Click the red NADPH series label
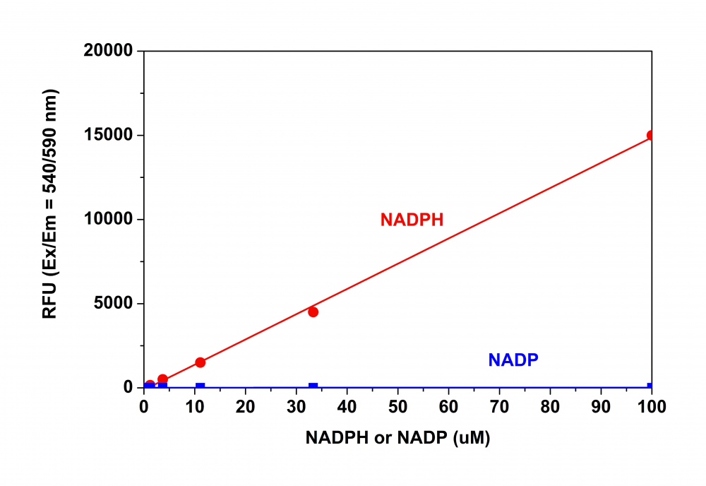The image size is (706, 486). pos(412,220)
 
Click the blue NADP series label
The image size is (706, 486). pos(513,360)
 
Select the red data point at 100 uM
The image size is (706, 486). pos(651,135)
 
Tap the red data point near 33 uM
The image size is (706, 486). pos(313,312)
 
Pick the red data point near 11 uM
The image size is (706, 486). pos(200,362)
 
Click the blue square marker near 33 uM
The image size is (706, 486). pos(313,386)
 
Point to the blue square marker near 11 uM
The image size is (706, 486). pos(200,386)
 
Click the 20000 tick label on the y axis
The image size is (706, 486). pos(109,52)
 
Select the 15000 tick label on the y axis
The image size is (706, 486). pos(109,136)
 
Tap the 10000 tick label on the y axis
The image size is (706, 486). pos(109,220)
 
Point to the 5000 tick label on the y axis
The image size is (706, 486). pos(114,304)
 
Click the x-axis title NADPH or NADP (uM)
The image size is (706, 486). pos(397,438)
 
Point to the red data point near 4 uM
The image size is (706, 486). pos(162,379)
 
